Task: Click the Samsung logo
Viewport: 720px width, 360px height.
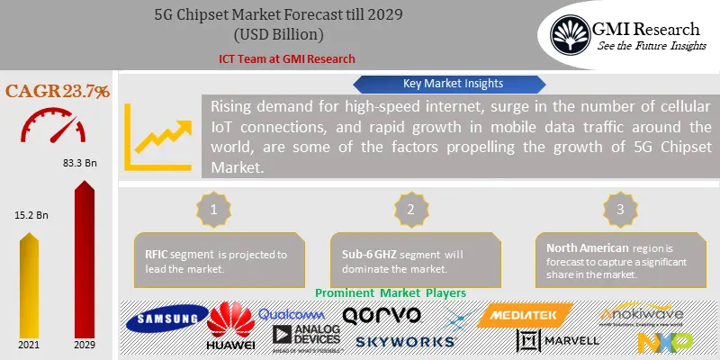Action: tap(166, 319)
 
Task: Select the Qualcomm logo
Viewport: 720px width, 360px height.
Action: tap(292, 314)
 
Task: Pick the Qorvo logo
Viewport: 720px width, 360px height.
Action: tap(382, 315)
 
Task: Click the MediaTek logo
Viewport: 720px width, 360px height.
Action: tap(527, 315)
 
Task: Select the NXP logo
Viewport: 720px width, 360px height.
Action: tap(664, 342)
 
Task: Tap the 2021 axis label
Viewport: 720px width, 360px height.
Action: tap(29, 346)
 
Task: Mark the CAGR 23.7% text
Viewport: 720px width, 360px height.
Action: tap(58, 91)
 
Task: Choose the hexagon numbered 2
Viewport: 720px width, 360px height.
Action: tap(411, 209)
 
